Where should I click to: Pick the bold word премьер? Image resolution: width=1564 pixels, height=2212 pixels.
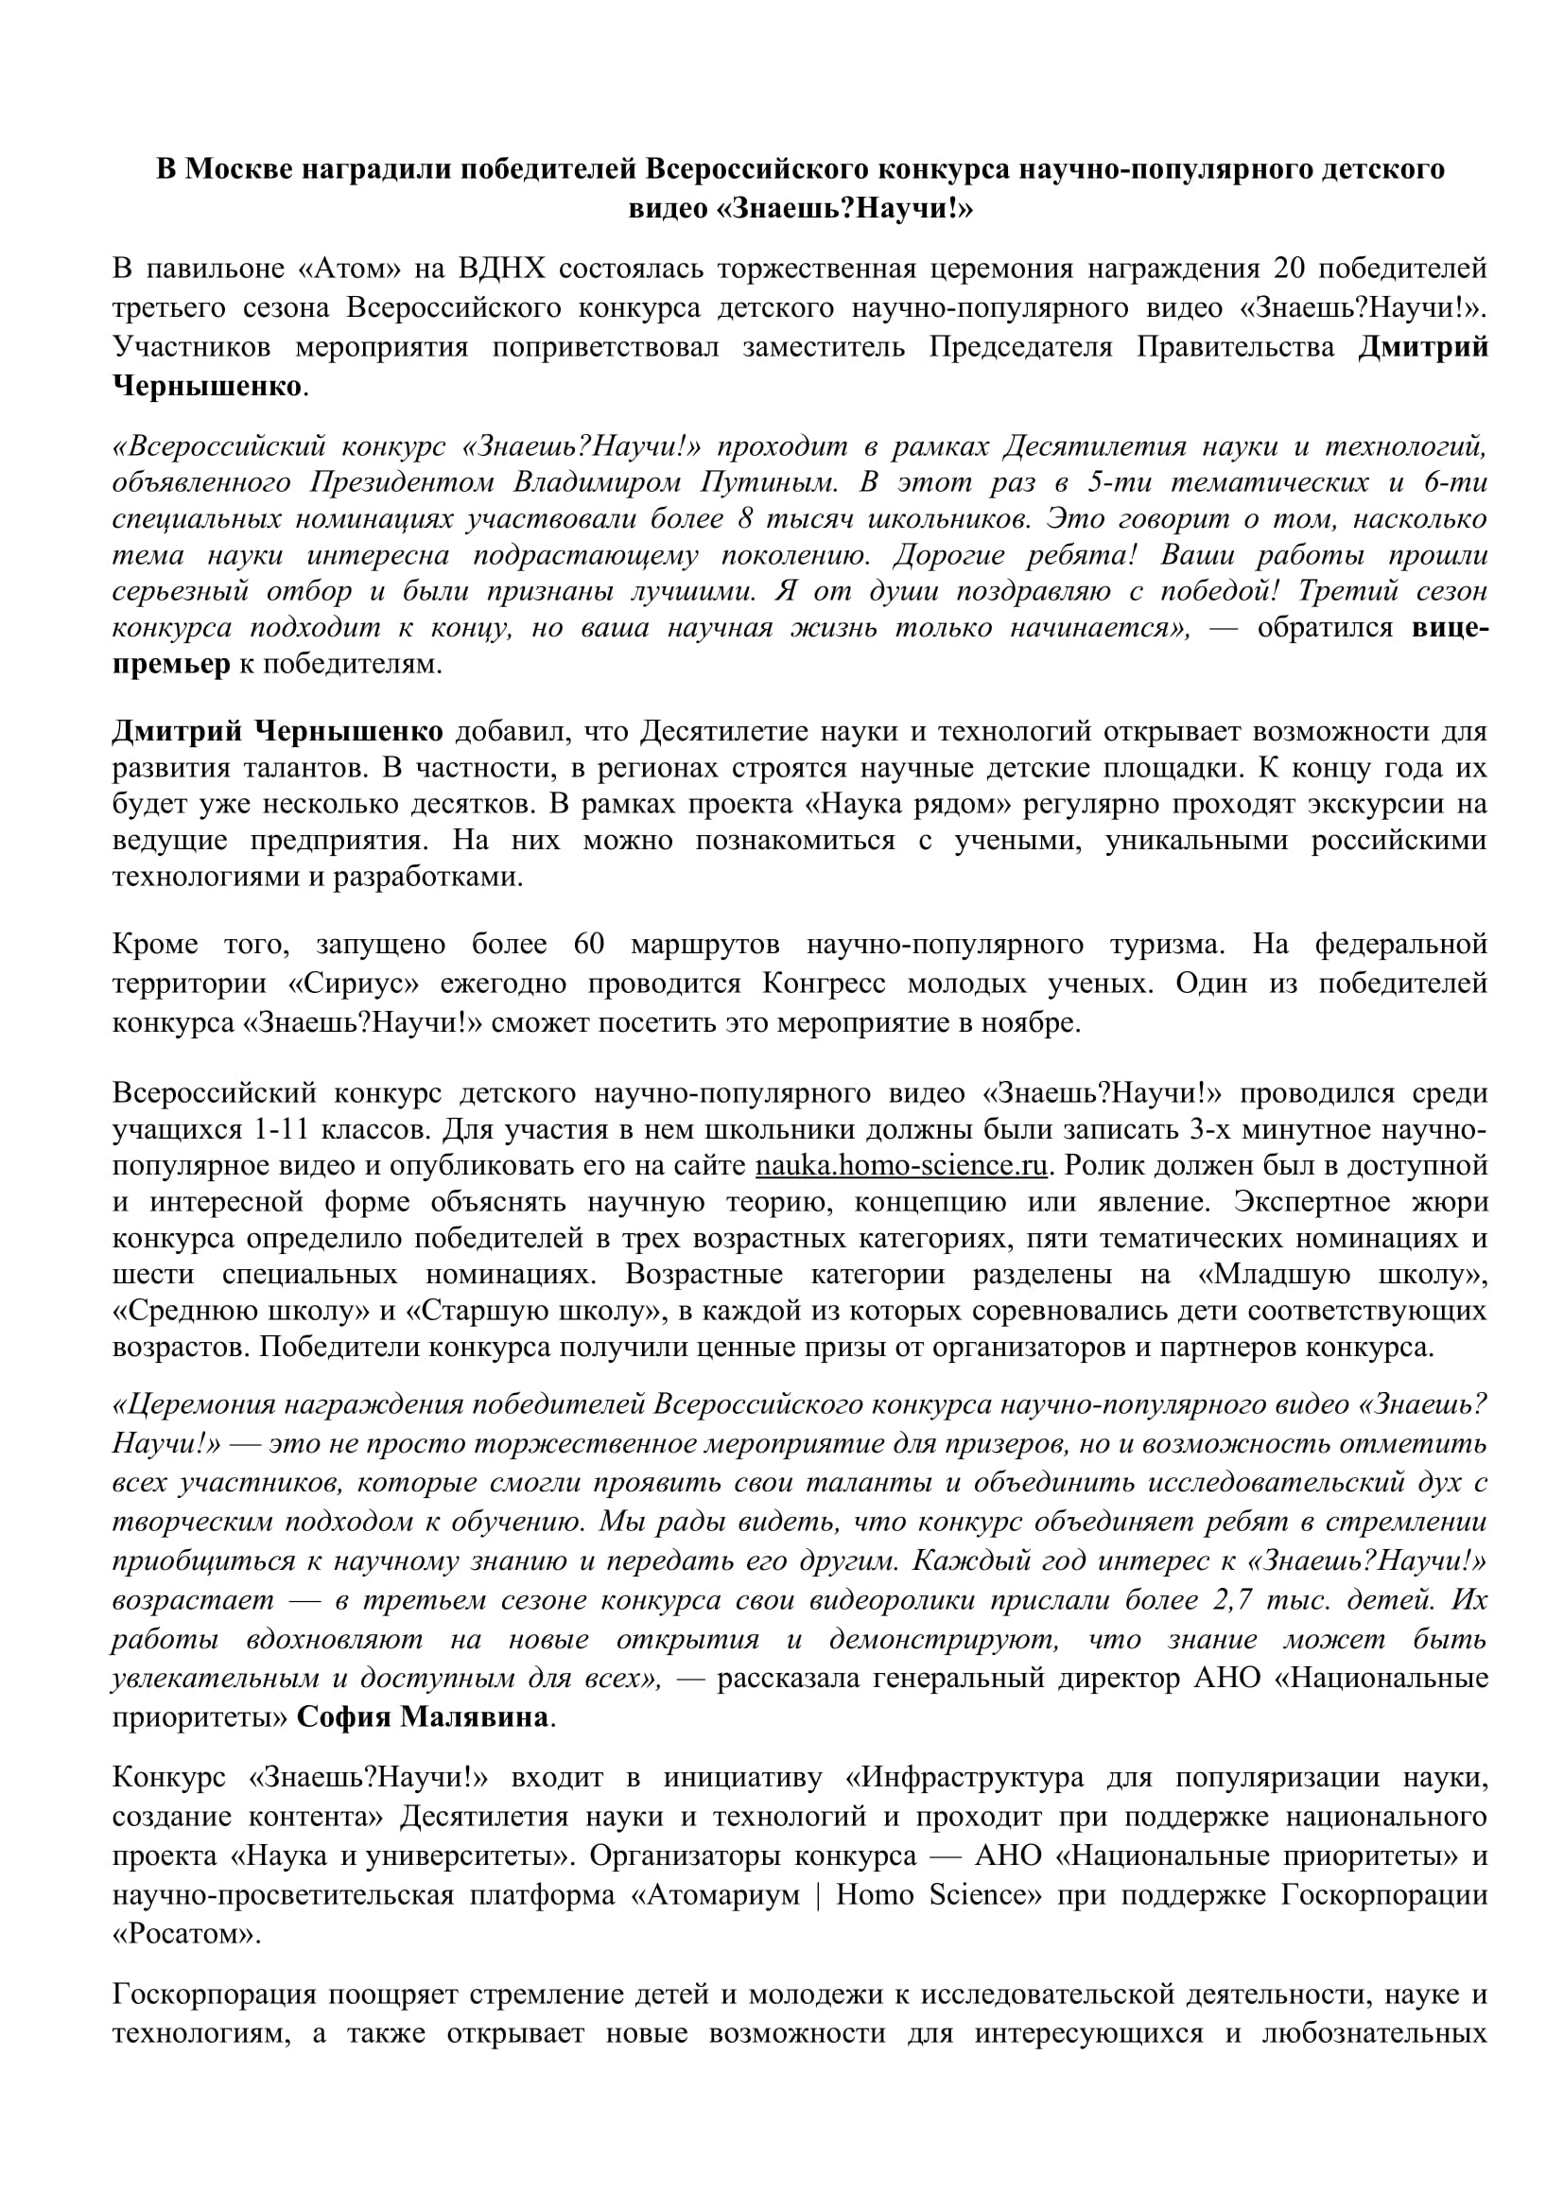click(171, 665)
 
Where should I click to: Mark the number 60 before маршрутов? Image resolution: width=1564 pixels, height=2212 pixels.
click(587, 944)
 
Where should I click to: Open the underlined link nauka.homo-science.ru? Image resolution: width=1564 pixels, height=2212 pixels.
click(900, 1166)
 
